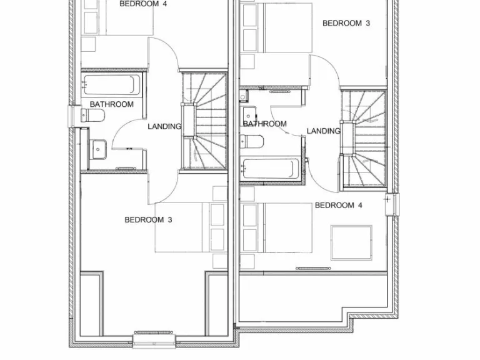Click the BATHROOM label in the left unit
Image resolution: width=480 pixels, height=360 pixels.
(112, 104)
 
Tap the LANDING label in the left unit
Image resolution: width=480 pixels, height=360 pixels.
(164, 126)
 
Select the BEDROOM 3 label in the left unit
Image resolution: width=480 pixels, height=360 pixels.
(148, 219)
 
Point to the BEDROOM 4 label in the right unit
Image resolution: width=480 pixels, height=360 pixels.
(339, 205)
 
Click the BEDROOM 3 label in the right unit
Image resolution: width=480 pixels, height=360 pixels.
(346, 23)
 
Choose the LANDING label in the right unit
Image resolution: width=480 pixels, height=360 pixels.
(324, 131)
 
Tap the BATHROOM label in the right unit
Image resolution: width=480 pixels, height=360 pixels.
(265, 124)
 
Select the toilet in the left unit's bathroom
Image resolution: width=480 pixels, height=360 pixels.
(93, 116)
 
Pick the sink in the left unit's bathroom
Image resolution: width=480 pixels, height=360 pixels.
(99, 149)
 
